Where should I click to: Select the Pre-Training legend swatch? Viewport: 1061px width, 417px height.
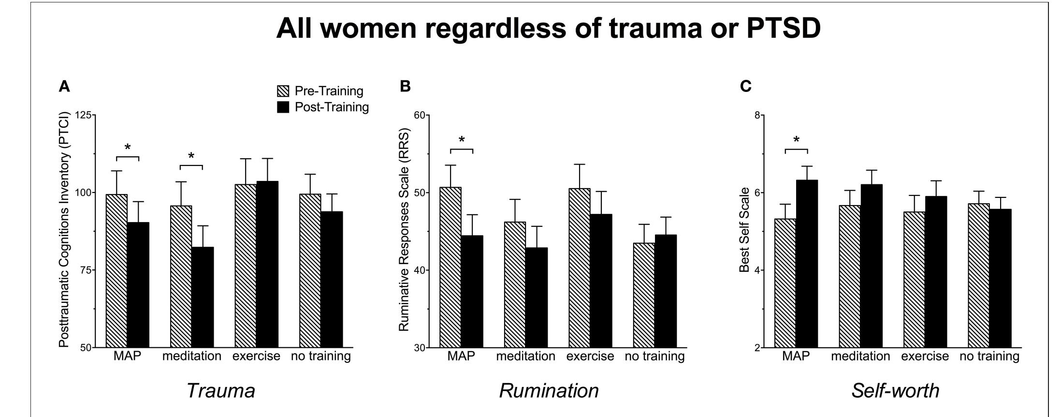coord(282,91)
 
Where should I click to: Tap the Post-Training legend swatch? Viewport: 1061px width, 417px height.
coord(282,107)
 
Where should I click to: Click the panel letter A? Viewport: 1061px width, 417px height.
coord(64,87)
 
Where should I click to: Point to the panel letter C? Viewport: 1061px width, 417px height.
coord(746,87)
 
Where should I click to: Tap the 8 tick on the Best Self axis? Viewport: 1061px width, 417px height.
coord(757,116)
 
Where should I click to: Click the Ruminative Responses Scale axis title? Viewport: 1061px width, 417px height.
coord(404,230)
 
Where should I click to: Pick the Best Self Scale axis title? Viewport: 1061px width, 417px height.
coord(744,230)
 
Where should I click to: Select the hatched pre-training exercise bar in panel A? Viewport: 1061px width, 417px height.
coord(246,266)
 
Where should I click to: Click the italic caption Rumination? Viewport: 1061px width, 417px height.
coord(549,390)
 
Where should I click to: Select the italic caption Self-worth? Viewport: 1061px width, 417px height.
coord(895,390)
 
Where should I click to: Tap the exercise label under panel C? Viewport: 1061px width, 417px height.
coord(925,357)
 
